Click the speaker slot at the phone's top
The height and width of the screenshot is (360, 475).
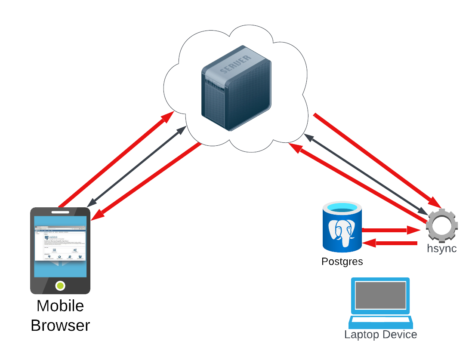(60, 212)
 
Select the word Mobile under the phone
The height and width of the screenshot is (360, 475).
(60, 306)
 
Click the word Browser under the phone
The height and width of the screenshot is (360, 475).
(60, 326)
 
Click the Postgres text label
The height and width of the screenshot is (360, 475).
(342, 262)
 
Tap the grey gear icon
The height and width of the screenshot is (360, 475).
(442, 225)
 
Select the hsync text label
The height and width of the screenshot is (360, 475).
(441, 249)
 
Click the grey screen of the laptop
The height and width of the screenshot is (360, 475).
(381, 295)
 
